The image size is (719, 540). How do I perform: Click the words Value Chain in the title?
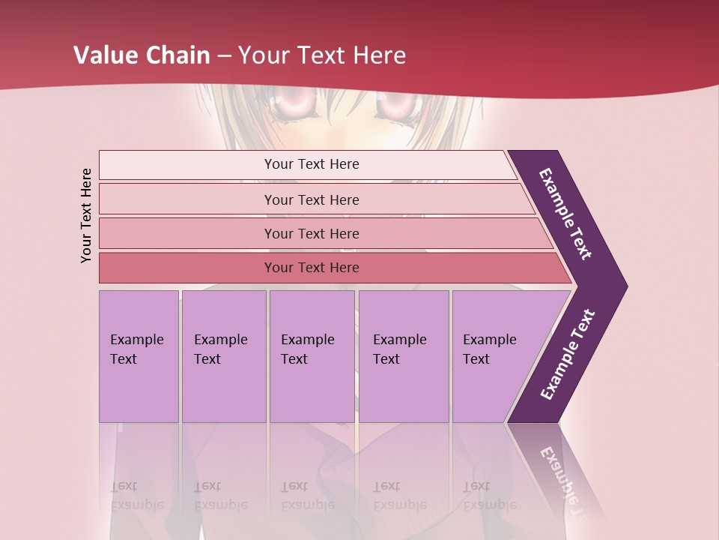click(142, 55)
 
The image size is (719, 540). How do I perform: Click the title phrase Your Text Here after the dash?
click(322, 55)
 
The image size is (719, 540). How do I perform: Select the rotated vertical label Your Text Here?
click(86, 215)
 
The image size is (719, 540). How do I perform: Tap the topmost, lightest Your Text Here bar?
click(311, 164)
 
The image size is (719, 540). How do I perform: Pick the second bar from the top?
click(311, 199)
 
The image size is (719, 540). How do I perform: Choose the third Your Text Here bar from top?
click(311, 233)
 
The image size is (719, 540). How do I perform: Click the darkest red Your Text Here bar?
click(311, 268)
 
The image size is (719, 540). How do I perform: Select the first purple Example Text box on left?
click(139, 355)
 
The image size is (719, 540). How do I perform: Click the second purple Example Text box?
click(223, 355)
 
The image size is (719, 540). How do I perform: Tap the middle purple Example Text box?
click(312, 355)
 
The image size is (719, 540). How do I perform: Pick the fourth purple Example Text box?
click(403, 355)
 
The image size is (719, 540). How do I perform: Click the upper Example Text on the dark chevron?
click(565, 213)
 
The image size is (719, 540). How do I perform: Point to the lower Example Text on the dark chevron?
click(568, 355)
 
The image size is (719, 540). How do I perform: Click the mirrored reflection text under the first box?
click(136, 496)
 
